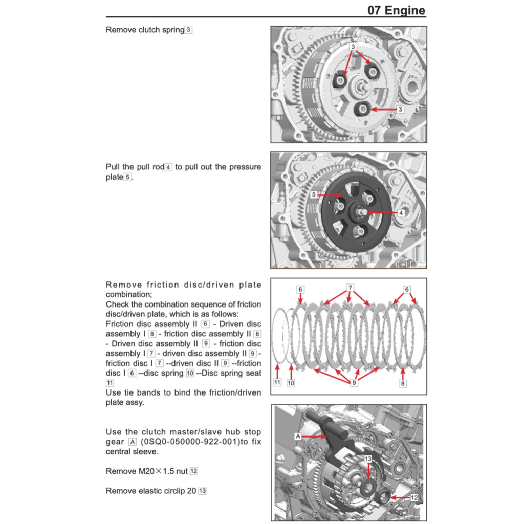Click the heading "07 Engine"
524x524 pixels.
click(x=396, y=10)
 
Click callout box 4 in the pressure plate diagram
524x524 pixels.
click(x=401, y=212)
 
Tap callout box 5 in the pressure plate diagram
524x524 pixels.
click(x=313, y=195)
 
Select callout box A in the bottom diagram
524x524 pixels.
click(x=298, y=436)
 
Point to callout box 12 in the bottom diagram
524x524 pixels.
click(x=414, y=497)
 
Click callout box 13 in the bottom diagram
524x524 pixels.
click(x=367, y=459)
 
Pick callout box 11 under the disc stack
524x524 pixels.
click(x=277, y=382)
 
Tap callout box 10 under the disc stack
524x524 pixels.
click(x=291, y=383)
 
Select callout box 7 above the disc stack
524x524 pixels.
click(x=350, y=288)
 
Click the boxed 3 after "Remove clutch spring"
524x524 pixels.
click(x=189, y=30)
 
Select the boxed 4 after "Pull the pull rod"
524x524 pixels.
click(x=169, y=167)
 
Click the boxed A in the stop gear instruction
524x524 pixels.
click(x=133, y=442)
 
